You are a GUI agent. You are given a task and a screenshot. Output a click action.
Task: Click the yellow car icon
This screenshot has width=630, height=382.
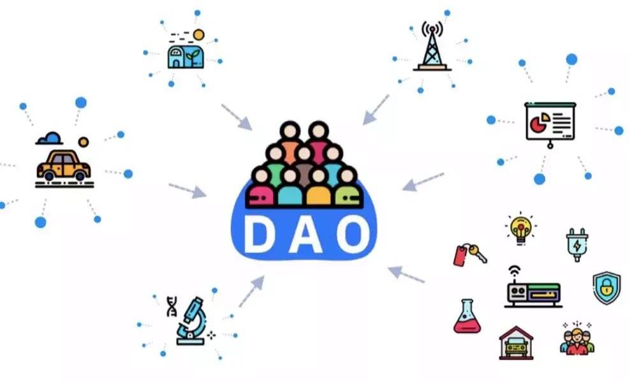coord(63,165)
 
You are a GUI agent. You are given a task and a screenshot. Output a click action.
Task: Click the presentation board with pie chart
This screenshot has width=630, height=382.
coord(550,122)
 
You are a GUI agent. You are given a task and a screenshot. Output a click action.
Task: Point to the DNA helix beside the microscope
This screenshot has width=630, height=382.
coord(172,307)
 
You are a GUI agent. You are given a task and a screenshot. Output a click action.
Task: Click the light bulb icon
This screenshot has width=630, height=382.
coord(521,227)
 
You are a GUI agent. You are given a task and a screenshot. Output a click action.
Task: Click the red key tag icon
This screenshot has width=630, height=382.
coord(469,254)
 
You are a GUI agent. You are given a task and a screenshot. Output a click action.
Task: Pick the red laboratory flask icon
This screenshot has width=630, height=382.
coord(467,316)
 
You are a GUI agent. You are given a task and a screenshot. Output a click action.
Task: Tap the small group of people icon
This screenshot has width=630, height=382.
coord(576,339)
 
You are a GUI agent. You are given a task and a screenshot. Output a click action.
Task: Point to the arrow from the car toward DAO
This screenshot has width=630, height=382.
coord(187,190)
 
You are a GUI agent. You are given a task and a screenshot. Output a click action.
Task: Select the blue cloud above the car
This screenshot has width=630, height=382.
coord(49,138)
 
